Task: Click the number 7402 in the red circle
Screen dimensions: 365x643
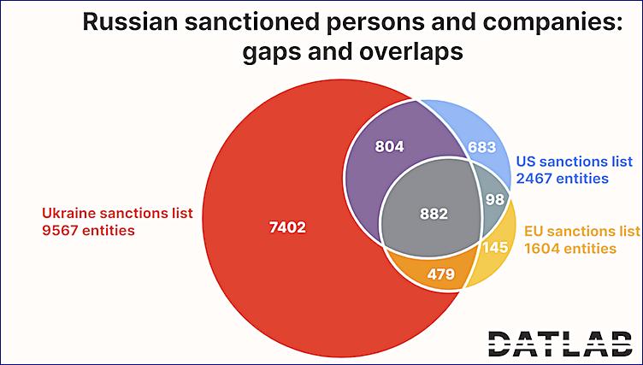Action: (x=286, y=228)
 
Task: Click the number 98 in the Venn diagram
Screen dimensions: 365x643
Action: (x=495, y=199)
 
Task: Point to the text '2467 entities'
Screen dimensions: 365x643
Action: (x=561, y=179)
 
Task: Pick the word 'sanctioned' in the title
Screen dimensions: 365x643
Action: (x=267, y=24)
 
